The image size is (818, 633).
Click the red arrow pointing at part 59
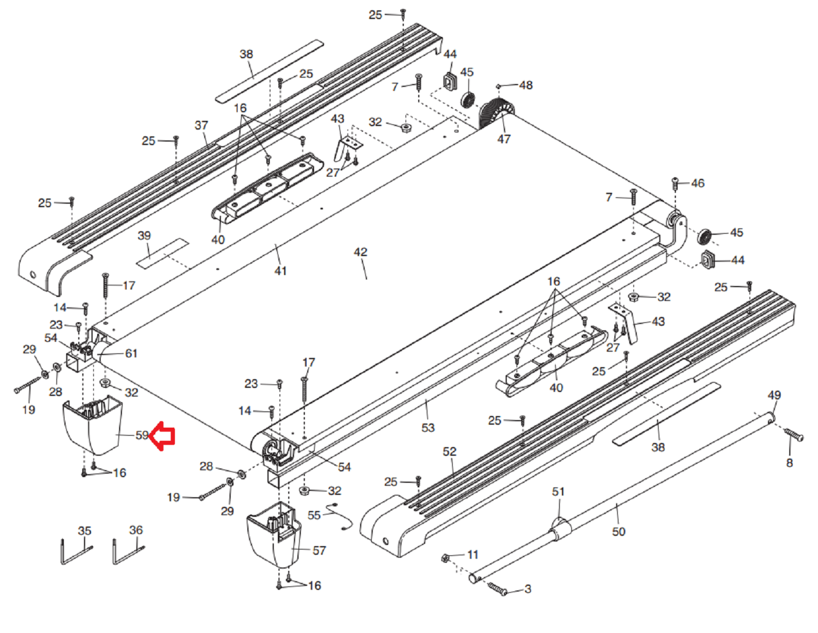pyautogui.click(x=162, y=436)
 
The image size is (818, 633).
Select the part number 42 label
pyautogui.click(x=360, y=252)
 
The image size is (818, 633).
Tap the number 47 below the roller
pyautogui.click(x=504, y=139)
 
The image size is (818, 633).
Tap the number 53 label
pyautogui.click(x=428, y=428)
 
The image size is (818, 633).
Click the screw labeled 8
pyautogui.click(x=794, y=436)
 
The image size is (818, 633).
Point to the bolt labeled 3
pyautogui.click(x=497, y=588)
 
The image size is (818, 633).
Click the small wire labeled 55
pyautogui.click(x=339, y=516)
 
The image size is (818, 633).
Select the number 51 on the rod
pyautogui.click(x=559, y=492)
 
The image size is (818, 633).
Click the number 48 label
pyautogui.click(x=526, y=85)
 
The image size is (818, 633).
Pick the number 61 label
pyautogui.click(x=132, y=353)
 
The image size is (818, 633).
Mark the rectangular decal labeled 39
pyautogui.click(x=162, y=253)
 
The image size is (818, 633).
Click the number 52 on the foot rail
pyautogui.click(x=450, y=452)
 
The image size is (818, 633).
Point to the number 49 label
pyautogui.click(x=774, y=395)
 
